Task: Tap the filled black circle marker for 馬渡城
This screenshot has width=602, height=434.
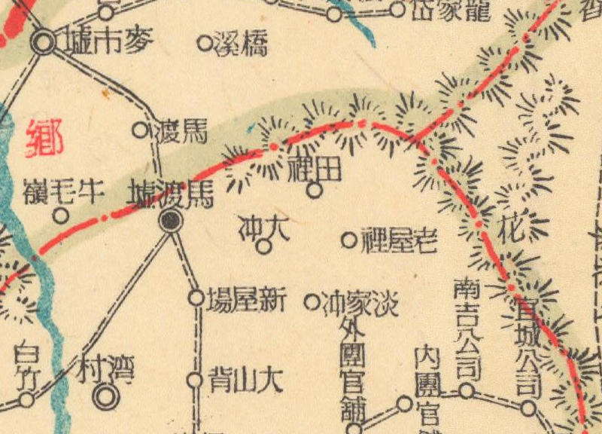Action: (x=172, y=220)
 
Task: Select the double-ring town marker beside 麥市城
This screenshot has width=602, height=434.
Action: (x=44, y=42)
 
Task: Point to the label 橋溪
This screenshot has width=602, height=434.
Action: (x=241, y=44)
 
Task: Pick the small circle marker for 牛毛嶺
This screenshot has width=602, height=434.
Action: (x=60, y=216)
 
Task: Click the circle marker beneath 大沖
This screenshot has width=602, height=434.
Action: (x=264, y=246)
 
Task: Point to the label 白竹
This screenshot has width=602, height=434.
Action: (x=26, y=361)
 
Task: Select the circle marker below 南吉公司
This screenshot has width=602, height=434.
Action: (x=467, y=390)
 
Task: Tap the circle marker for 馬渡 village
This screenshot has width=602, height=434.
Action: (x=140, y=130)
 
